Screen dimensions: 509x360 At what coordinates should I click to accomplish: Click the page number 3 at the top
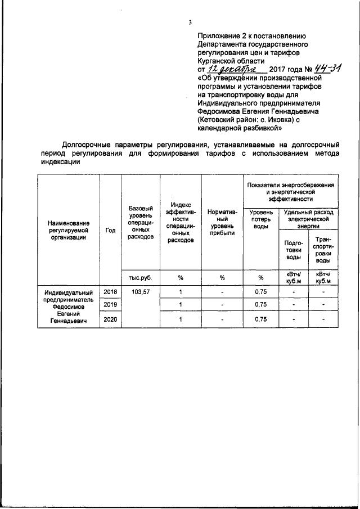coord(190,22)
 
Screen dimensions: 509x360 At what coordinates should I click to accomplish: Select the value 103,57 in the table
coord(140,292)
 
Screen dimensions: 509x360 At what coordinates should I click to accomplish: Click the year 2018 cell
coord(110,292)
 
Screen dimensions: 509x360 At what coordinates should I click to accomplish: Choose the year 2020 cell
coord(110,319)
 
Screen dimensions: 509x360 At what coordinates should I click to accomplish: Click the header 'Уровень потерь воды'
coord(260,219)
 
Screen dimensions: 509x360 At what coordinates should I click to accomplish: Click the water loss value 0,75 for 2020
coord(260,319)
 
